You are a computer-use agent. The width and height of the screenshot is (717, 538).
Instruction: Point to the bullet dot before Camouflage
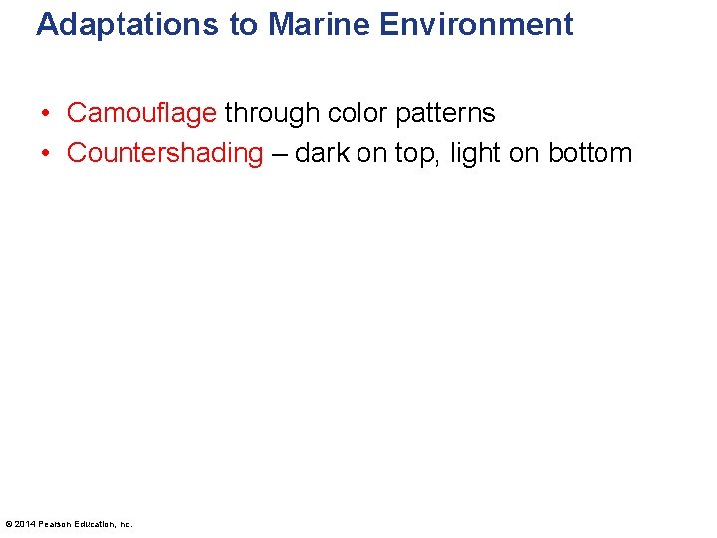[x=46, y=114]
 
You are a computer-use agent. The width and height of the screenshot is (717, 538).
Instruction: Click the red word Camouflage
[x=141, y=113]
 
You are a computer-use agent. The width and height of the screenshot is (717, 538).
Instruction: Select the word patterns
[x=446, y=113]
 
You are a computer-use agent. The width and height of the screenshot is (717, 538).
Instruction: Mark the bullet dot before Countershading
[x=46, y=154]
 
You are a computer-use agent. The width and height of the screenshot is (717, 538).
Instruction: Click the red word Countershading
[x=164, y=153]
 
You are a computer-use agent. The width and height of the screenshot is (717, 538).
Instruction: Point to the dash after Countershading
[x=279, y=154]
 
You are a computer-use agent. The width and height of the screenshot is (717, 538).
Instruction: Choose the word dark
[x=322, y=153]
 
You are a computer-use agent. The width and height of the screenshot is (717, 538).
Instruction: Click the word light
[x=477, y=153]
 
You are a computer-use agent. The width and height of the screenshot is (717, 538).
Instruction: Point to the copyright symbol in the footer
[x=9, y=524]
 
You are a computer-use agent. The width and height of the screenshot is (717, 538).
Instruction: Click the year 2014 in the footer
[x=25, y=524]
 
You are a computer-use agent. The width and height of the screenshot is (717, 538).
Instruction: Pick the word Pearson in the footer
[x=54, y=524]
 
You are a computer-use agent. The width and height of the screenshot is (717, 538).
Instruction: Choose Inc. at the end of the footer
[x=124, y=524]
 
